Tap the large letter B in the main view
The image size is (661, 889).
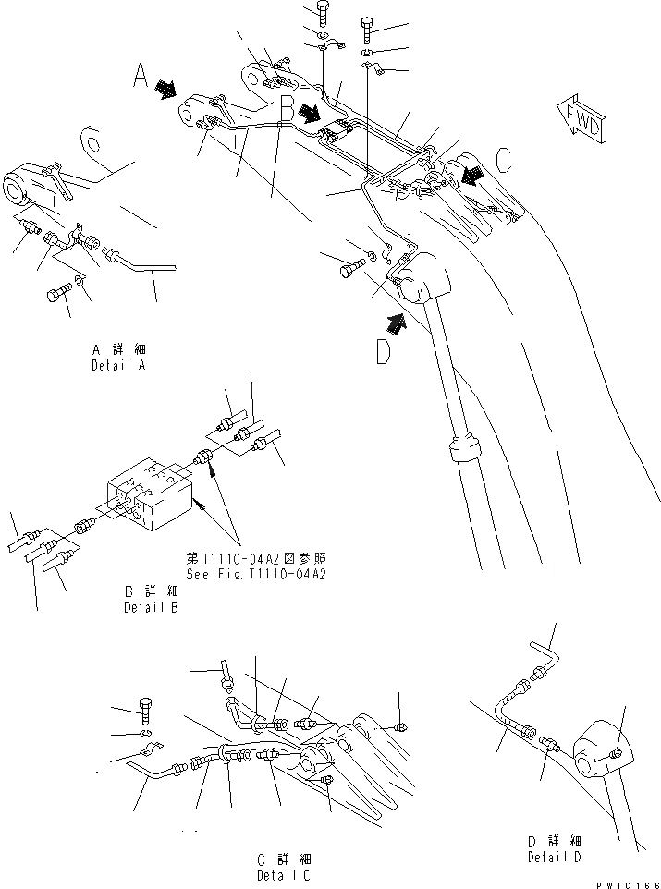pyautogui.click(x=288, y=108)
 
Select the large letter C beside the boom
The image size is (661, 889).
pyautogui.click(x=503, y=161)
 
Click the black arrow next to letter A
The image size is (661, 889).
pyautogui.click(x=167, y=88)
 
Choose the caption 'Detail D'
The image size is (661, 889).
pyautogui.click(x=554, y=858)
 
